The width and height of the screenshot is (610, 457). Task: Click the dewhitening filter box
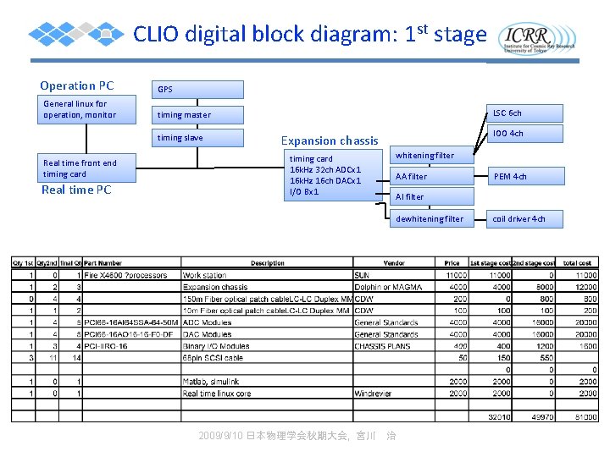pos(431,219)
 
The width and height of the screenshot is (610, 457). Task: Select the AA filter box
pos(431,176)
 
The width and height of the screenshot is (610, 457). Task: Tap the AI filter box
pos(410,197)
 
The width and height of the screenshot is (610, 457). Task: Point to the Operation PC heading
pos(77,85)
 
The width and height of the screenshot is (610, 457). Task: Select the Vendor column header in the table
pos(394,263)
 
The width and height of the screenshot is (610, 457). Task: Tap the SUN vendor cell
pos(362,275)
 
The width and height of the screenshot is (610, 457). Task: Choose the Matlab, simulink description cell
pos(212,382)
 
